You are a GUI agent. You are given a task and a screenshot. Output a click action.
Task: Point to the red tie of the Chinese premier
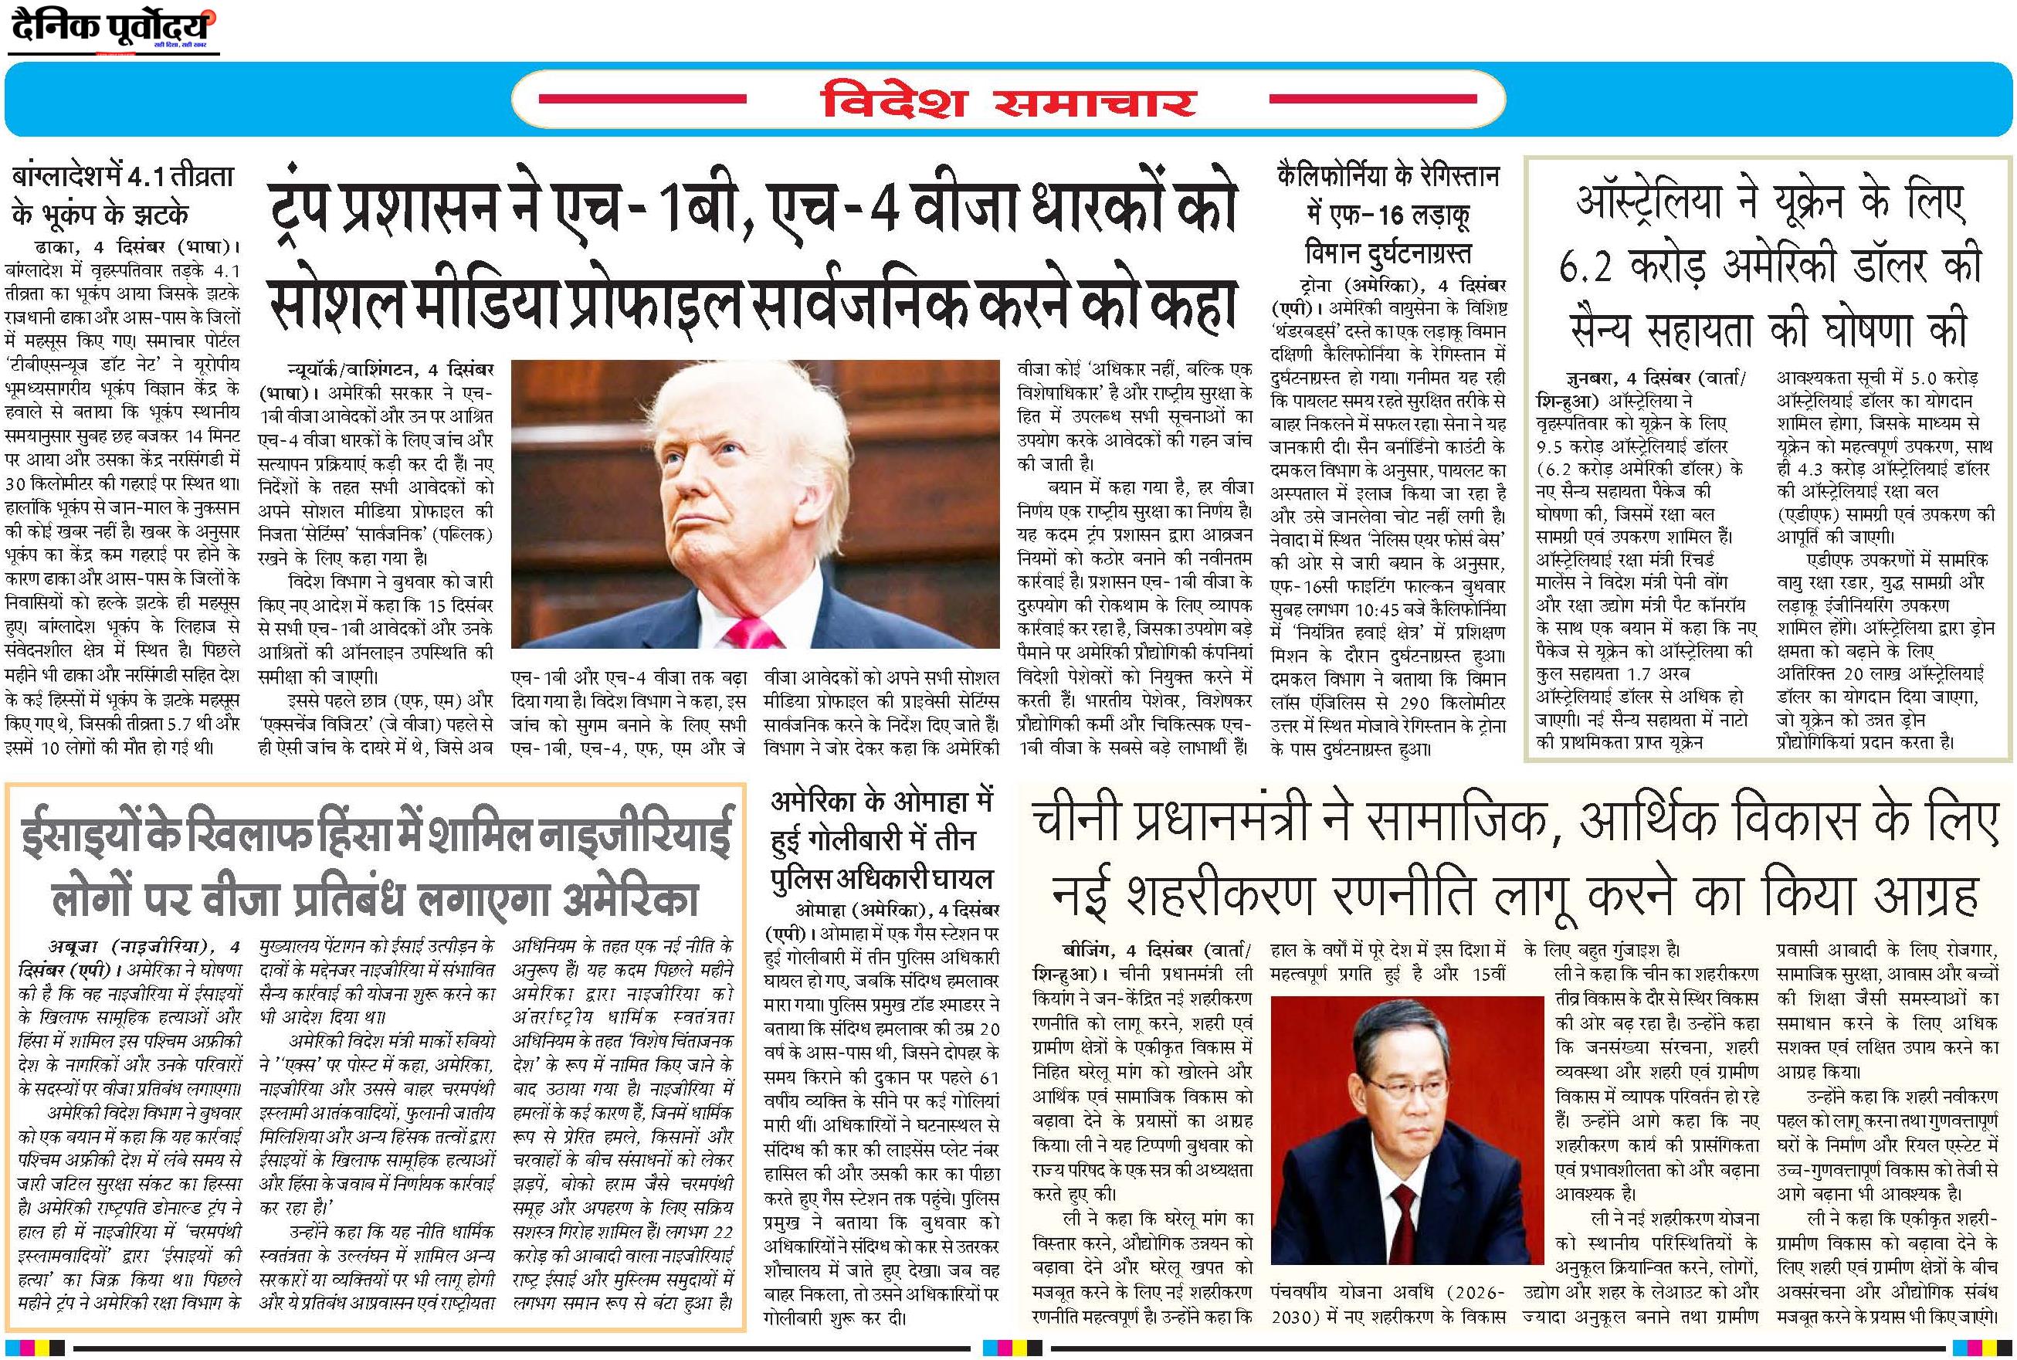(1402, 1214)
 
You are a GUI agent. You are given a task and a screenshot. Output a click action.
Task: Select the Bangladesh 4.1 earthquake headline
(112, 196)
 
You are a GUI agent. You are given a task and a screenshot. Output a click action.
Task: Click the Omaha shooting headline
(881, 839)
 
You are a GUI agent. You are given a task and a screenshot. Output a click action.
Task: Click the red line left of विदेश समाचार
(642, 99)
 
